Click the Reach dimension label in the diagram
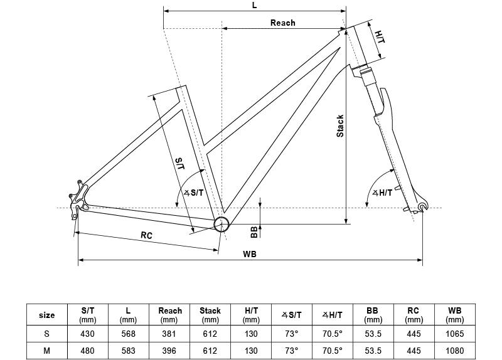[x=282, y=23]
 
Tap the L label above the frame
[x=254, y=4]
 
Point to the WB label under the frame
[x=250, y=254]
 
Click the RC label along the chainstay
[x=146, y=236]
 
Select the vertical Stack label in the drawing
[x=340, y=125]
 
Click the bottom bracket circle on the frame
[x=222, y=224]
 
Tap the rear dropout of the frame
[x=78, y=208]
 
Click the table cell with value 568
[x=128, y=334]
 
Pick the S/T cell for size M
[x=88, y=351]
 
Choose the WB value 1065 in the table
[x=454, y=334]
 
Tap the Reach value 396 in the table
[x=169, y=351]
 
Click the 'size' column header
[x=47, y=315]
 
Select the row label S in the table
[x=47, y=334]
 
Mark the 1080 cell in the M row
[x=454, y=351]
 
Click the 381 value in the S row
[x=169, y=334]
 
